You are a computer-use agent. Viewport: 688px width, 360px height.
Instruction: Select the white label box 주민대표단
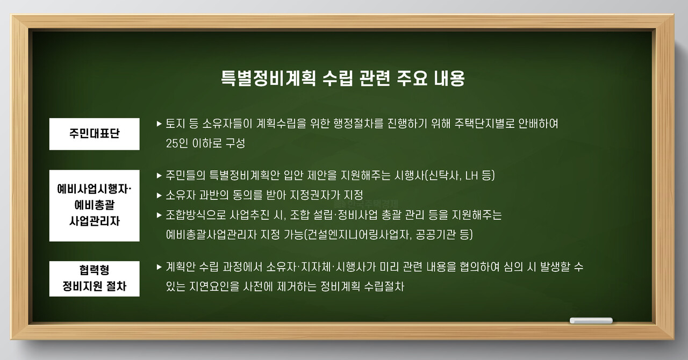pos(95,134)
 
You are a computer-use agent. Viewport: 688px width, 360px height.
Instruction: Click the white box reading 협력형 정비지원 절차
pos(95,278)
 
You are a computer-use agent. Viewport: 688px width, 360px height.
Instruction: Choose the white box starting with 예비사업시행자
pos(95,205)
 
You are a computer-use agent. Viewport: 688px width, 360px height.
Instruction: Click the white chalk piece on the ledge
pos(591,321)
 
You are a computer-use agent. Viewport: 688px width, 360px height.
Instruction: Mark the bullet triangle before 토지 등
pos(159,124)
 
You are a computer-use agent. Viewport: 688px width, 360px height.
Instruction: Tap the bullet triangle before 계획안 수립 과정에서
pos(159,267)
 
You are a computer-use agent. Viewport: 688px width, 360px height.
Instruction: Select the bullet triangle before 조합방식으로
pos(159,215)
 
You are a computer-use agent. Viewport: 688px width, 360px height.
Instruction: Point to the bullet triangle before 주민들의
pos(159,176)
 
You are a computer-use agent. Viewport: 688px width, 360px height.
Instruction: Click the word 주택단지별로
pos(475,124)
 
